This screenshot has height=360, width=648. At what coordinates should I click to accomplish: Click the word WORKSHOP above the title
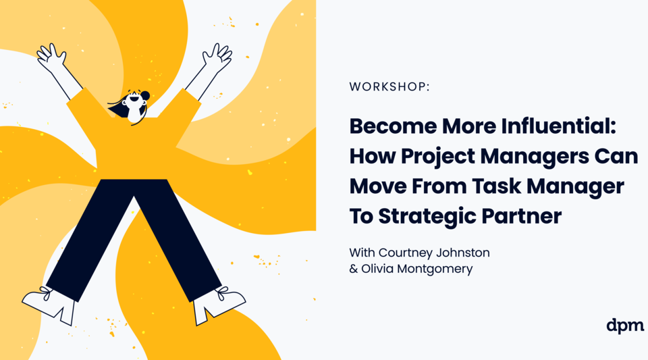coord(388,86)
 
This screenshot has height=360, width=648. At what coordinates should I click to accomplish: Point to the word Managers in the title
coord(533,157)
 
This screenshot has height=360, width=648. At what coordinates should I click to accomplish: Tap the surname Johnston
coord(464,253)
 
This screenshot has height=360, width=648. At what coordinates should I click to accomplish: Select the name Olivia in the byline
coord(379,269)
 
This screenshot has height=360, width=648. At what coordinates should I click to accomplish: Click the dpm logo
coord(625,326)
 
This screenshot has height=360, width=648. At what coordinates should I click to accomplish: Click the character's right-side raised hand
coord(217,56)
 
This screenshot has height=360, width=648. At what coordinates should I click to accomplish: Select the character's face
coord(132,104)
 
